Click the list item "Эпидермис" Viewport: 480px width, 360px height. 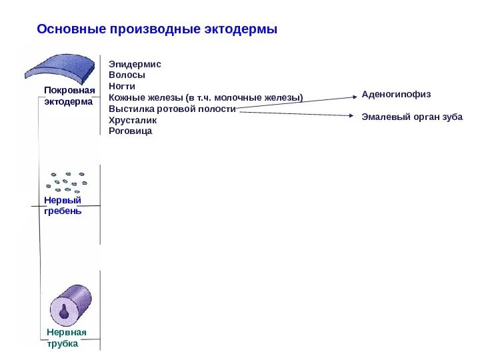point(135,64)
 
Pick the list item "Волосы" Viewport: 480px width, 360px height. point(127,75)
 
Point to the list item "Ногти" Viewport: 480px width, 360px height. point(122,87)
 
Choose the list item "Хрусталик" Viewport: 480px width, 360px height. point(133,120)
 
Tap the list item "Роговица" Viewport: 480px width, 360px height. point(130,131)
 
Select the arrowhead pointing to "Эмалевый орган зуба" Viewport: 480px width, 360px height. point(354,116)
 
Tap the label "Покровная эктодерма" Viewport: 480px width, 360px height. point(69,96)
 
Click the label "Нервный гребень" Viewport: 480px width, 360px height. point(63,205)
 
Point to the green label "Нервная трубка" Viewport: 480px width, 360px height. point(67,338)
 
